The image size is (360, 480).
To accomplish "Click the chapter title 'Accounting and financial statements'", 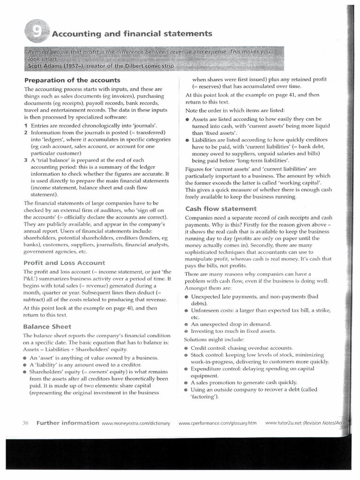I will pos(132,33).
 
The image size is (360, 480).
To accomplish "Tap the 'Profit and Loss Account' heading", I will pos(65,262).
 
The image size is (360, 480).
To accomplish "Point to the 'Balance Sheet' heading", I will pos(47,326).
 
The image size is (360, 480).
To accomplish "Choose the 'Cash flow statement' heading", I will pos(221,209).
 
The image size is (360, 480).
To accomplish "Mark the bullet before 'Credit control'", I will pos(187,348).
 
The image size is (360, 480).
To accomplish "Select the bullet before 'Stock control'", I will pos(187,355).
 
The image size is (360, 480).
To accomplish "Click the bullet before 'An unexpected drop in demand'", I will pos(187,324).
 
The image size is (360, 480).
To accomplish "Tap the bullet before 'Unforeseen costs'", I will pos(187,311).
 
